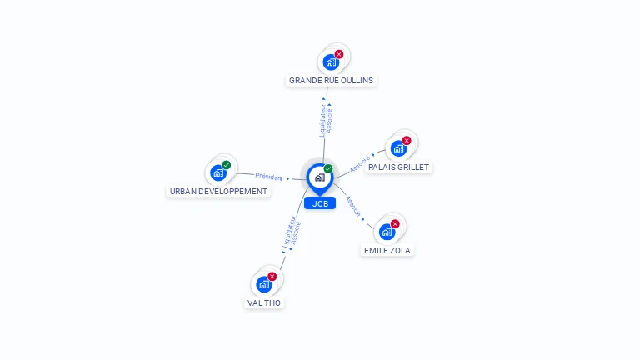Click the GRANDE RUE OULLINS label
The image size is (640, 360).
331,81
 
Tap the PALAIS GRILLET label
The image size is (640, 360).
398,167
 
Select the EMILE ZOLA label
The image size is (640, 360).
387,250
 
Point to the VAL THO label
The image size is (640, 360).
265,303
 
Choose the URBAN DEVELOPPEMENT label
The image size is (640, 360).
219,191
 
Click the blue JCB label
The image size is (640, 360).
320,203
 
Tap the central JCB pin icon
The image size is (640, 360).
320,177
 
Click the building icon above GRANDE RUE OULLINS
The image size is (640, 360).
331,62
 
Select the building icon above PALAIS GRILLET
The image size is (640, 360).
398,149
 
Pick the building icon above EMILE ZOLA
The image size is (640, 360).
387,232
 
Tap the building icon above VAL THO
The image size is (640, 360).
264,285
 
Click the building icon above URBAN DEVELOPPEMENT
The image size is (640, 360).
218,172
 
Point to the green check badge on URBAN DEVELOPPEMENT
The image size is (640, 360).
227,164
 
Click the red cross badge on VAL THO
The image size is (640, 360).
272,277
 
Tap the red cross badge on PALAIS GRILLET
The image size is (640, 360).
407,141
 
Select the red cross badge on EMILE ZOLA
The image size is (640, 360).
395,224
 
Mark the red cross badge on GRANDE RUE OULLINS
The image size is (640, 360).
339,54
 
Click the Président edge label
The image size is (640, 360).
269,177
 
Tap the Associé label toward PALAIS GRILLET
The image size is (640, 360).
359,163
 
